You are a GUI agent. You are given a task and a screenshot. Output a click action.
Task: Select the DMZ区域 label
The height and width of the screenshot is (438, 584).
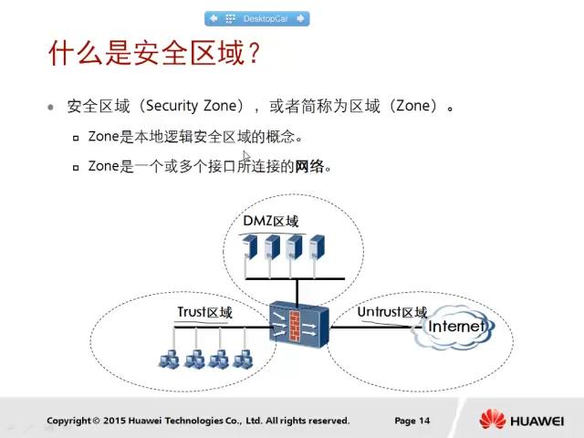click(x=271, y=222)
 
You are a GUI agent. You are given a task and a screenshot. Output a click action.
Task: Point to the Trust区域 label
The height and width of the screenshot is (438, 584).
click(x=204, y=313)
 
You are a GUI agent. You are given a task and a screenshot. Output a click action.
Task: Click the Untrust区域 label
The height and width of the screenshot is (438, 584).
click(x=392, y=313)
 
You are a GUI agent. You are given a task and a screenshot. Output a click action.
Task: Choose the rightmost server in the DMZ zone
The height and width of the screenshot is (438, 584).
click(x=317, y=247)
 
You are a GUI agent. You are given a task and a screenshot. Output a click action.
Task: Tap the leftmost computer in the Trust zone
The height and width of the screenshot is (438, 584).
click(x=169, y=360)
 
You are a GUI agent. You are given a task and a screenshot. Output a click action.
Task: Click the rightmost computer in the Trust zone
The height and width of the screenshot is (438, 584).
click(x=243, y=360)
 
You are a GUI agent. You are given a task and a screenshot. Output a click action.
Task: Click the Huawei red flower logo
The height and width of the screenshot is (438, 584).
click(x=493, y=420)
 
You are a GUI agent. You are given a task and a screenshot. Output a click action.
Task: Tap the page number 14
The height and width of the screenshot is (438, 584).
click(x=424, y=421)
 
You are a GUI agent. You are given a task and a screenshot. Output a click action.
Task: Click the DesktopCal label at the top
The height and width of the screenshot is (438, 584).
click(x=265, y=18)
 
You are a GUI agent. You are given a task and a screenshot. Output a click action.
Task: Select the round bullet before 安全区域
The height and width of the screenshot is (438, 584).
click(x=51, y=107)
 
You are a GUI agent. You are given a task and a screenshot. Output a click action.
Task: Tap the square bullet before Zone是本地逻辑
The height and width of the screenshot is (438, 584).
click(x=76, y=139)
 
